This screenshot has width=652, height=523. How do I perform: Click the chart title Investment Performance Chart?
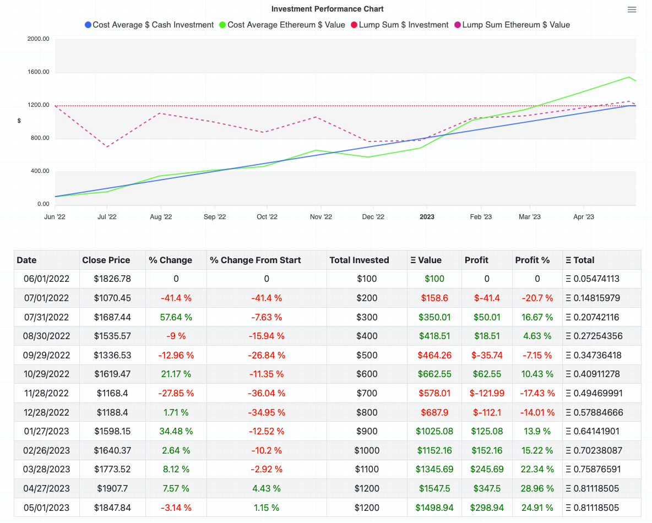click(327, 9)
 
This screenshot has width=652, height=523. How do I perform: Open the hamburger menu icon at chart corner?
click(632, 9)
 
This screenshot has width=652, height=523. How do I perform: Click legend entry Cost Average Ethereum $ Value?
click(281, 25)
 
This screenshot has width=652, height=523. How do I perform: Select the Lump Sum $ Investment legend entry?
click(399, 25)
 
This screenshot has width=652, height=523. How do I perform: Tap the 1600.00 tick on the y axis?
click(38, 72)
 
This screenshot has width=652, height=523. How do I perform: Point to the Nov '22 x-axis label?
click(320, 217)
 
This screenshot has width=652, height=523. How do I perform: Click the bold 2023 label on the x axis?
click(427, 217)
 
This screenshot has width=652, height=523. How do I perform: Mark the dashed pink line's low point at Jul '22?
click(107, 146)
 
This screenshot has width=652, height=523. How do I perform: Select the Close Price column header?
click(106, 260)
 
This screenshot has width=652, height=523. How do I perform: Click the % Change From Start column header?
click(255, 260)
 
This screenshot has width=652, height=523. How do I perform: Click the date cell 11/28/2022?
click(46, 393)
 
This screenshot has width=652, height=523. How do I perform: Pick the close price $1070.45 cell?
click(112, 298)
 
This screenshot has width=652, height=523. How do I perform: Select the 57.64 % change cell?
click(176, 317)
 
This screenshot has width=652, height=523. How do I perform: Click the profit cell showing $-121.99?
click(486, 393)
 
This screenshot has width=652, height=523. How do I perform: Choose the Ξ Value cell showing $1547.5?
click(434, 488)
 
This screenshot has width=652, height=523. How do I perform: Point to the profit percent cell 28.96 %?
click(536, 488)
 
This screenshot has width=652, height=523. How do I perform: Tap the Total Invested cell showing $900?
click(367, 431)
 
